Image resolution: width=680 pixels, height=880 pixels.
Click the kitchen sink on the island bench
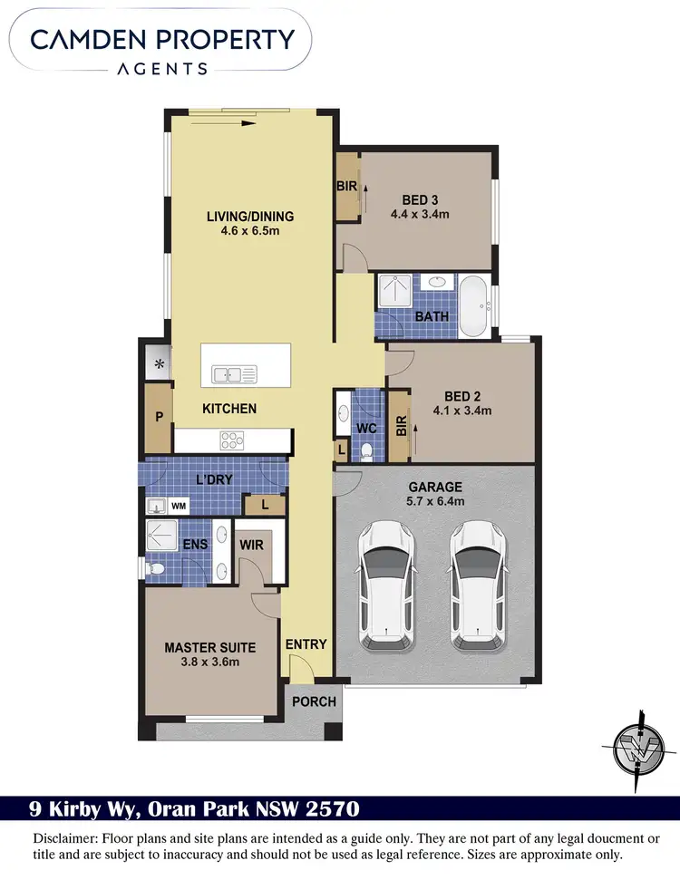234,373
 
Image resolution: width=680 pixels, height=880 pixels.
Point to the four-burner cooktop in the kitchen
232,441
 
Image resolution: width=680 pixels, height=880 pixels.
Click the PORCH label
315,701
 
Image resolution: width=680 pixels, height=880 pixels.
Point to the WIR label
251,546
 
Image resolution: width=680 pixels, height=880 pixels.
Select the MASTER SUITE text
209,647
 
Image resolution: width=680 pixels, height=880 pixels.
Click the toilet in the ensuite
156,568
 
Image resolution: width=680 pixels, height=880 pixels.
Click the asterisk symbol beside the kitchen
158,364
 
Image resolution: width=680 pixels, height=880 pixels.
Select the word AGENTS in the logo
163,68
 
